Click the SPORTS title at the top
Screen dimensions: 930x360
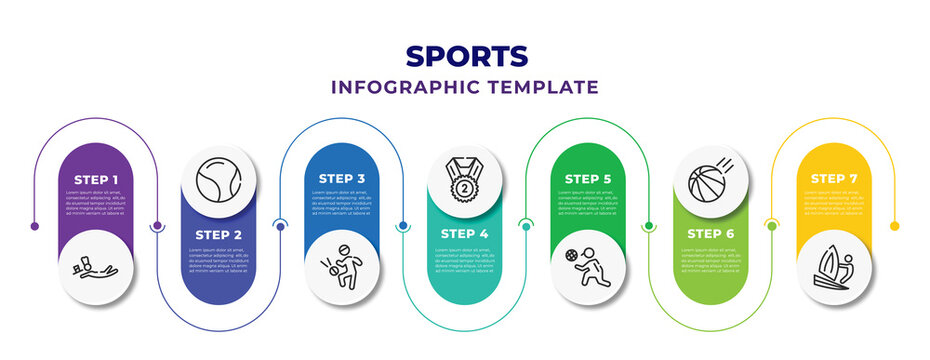click(x=464, y=55)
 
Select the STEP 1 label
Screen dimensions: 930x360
click(x=95, y=179)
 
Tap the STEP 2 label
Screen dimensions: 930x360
click(x=218, y=234)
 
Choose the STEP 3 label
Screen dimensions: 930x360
click(x=341, y=179)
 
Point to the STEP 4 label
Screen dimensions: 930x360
click(x=464, y=234)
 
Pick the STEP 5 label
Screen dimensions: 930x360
click(x=587, y=179)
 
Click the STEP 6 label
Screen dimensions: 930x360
click(x=710, y=234)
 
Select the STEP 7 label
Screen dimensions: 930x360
click(x=833, y=179)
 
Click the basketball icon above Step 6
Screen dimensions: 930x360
click(x=711, y=181)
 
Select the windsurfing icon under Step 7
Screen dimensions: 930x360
click(x=834, y=268)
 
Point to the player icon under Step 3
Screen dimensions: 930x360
click(x=341, y=267)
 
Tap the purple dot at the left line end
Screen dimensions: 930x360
click(x=35, y=226)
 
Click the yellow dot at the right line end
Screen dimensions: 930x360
click(x=894, y=226)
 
